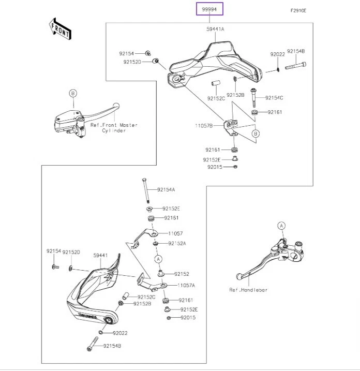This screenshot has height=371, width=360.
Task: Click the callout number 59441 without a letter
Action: click(x=100, y=255)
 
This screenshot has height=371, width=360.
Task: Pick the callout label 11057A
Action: click(x=186, y=285)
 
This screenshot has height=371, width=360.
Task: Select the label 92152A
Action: click(x=177, y=243)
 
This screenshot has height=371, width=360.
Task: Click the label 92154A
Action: click(x=166, y=190)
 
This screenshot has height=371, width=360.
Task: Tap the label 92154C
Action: click(x=275, y=98)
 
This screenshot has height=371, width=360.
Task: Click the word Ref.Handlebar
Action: click(x=248, y=290)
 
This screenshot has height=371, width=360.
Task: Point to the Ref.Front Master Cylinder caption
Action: click(x=114, y=128)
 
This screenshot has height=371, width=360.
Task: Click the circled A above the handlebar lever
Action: click(x=281, y=226)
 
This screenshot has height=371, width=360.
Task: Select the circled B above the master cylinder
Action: click(x=73, y=93)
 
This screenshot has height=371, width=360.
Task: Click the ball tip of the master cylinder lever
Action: click(x=116, y=107)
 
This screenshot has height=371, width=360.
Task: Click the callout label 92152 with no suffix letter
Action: click(x=182, y=274)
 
